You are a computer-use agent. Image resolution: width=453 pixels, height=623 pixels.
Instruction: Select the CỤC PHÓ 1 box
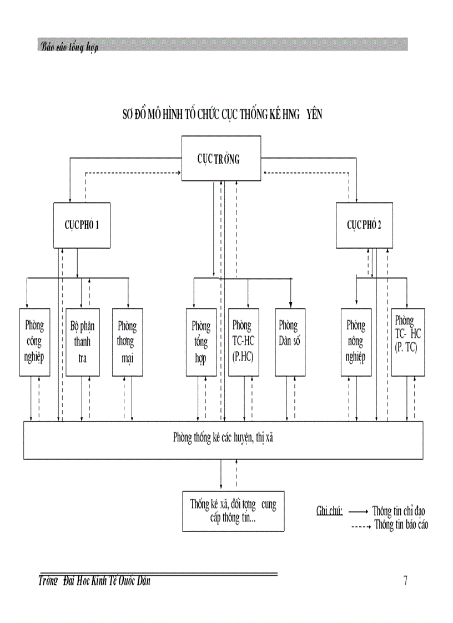pyautogui.click(x=82, y=225)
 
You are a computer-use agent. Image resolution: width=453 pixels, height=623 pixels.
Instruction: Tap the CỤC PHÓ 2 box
pyautogui.click(x=364, y=225)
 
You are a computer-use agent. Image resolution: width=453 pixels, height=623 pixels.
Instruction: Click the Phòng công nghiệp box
pyautogui.click(x=34, y=342)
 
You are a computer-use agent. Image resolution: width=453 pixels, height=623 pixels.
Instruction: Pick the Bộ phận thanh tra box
pyautogui.click(x=81, y=342)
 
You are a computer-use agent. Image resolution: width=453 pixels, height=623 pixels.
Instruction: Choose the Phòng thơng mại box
pyautogui.click(x=127, y=342)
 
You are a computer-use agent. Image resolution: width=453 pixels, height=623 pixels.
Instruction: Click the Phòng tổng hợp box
pyautogui.click(x=201, y=342)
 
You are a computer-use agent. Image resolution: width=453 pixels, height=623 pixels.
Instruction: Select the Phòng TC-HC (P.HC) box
pyautogui.click(x=243, y=342)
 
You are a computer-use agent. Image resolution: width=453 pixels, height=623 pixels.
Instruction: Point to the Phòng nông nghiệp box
pyautogui.click(x=356, y=342)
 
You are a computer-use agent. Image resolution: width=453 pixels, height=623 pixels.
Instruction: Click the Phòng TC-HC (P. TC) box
pyautogui.click(x=408, y=342)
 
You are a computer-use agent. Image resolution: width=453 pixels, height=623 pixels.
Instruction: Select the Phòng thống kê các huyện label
pyautogui.click(x=223, y=438)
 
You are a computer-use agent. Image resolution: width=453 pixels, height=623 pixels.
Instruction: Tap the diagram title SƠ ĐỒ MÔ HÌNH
pyautogui.click(x=222, y=115)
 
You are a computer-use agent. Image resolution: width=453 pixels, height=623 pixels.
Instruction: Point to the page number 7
pyautogui.click(x=405, y=581)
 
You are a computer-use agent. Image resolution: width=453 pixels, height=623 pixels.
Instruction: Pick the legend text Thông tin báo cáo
pyautogui.click(x=401, y=524)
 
